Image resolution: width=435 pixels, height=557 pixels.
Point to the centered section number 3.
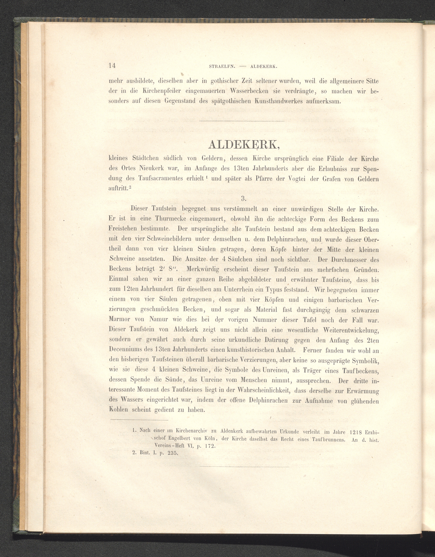(x=243, y=198)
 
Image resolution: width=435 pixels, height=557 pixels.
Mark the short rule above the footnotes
(x=139, y=420)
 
